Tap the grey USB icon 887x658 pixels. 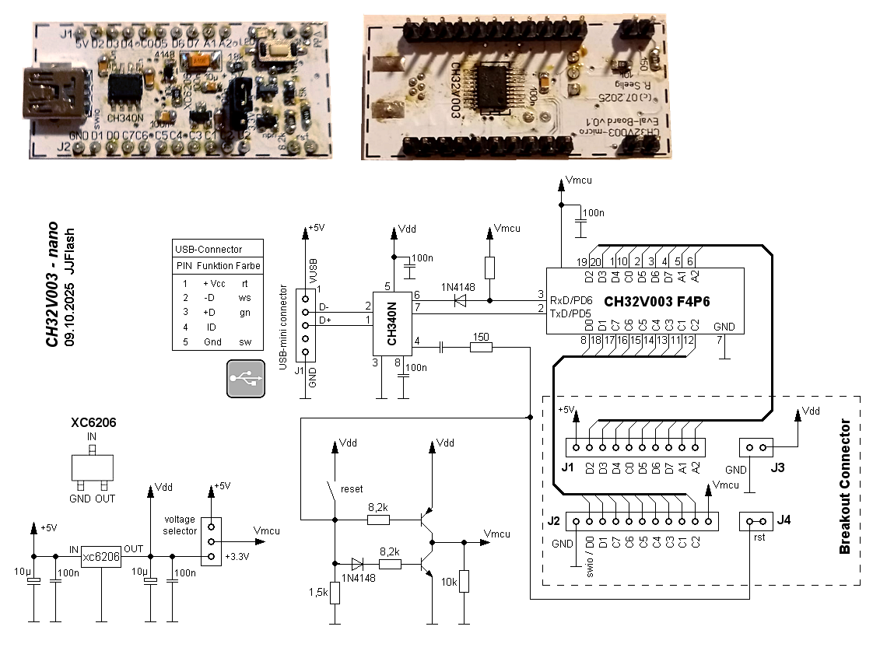247,379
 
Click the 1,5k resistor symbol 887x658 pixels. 335,593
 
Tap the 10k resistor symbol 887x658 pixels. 464,581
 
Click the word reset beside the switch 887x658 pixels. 352,489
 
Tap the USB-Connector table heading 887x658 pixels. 209,250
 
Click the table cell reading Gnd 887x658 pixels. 212,342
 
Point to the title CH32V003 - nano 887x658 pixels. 51,283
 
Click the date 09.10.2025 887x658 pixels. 70,315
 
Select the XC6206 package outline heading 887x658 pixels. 93,424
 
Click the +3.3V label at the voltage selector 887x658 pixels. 238,558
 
